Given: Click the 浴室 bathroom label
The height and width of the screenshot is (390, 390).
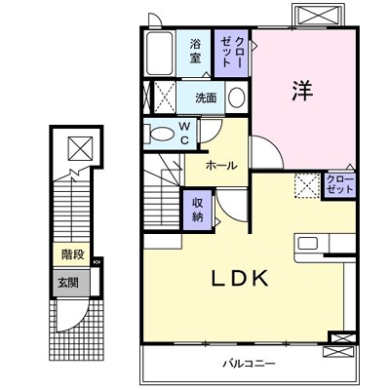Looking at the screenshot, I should click(x=196, y=50).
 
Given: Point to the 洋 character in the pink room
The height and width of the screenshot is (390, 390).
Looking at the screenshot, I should click(x=301, y=90).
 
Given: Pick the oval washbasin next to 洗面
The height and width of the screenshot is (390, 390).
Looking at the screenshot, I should click(x=236, y=97).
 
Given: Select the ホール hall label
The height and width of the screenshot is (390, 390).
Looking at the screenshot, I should click(x=219, y=166).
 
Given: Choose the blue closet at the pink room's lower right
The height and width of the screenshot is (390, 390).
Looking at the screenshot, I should click(x=339, y=185).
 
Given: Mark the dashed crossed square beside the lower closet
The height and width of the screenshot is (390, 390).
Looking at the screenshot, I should click(x=307, y=184).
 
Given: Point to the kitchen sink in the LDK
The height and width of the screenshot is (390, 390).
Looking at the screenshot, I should click(x=308, y=244).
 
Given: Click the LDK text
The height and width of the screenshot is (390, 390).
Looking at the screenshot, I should click(x=240, y=277).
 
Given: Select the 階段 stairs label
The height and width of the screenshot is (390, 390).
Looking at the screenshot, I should click(x=72, y=253).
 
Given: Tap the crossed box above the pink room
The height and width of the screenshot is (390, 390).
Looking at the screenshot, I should click(x=317, y=16).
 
